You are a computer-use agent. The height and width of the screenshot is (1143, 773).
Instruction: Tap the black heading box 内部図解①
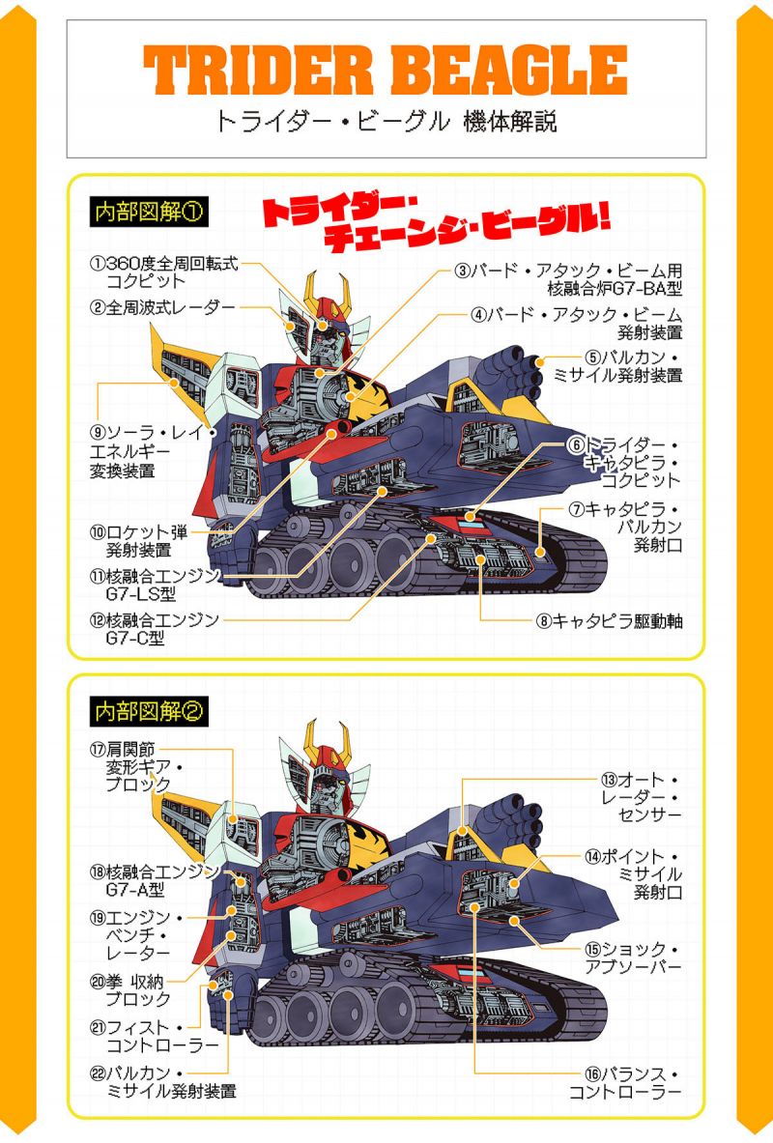(149, 213)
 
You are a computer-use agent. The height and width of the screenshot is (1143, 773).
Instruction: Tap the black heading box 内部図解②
(149, 711)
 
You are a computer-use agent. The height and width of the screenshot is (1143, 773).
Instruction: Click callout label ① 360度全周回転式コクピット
(164, 271)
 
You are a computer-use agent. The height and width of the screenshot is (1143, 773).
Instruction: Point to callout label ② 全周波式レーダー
(162, 307)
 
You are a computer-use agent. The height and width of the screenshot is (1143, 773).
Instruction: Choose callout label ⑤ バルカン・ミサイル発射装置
(617, 366)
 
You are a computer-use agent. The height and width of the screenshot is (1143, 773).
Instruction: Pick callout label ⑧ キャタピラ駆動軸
(609, 621)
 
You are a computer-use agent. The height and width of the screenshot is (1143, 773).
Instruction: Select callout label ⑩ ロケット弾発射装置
(138, 541)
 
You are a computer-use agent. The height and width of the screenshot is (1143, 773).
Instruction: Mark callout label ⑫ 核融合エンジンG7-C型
(154, 629)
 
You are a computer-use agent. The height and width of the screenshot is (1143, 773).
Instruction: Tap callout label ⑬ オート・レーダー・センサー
(641, 797)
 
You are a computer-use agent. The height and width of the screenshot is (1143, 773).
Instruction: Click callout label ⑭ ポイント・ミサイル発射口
(633, 874)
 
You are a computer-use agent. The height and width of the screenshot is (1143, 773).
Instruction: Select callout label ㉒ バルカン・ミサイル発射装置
(162, 1082)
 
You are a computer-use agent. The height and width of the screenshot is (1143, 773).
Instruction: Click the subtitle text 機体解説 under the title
(510, 121)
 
